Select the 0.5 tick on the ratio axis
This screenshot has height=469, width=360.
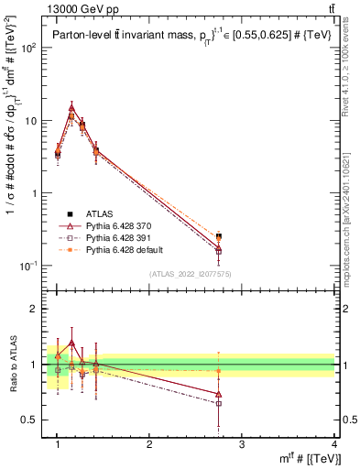[35, 420]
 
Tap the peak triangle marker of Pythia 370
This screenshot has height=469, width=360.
[71, 107]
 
